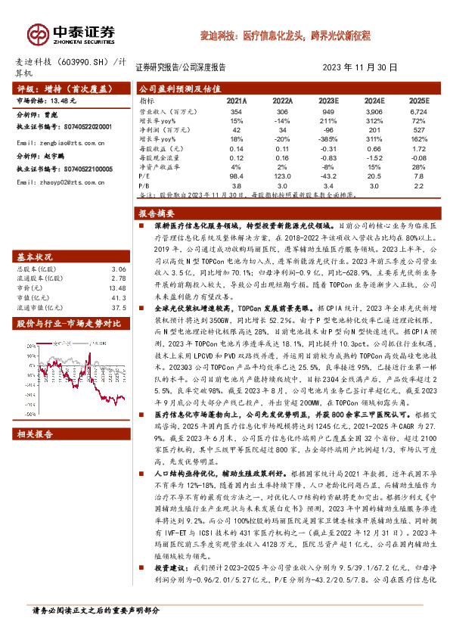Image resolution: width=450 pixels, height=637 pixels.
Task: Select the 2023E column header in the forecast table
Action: [328, 100]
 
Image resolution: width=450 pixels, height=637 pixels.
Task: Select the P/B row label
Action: [144, 184]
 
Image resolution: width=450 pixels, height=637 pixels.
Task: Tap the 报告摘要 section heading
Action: [157, 213]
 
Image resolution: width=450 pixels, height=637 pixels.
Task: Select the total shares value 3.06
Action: [118, 248]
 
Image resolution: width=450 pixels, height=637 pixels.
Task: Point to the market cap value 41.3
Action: [118, 277]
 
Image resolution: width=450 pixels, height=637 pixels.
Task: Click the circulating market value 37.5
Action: [118, 287]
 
